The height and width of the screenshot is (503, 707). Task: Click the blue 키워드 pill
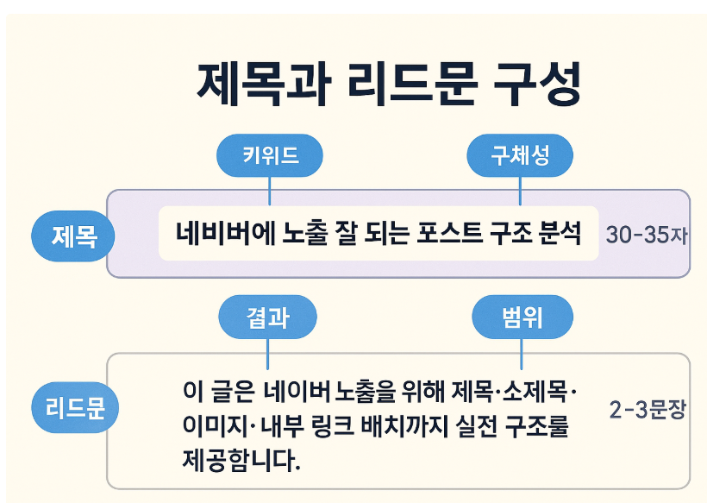[270, 155]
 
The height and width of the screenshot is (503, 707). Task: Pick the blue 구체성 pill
[520, 155]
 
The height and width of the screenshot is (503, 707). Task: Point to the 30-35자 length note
[646, 235]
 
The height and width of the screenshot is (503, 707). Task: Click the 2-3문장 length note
[647, 409]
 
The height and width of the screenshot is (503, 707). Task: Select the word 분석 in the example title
[561, 233]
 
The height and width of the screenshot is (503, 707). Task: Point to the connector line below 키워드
[270, 190]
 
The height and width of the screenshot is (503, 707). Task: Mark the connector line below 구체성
[520, 190]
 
